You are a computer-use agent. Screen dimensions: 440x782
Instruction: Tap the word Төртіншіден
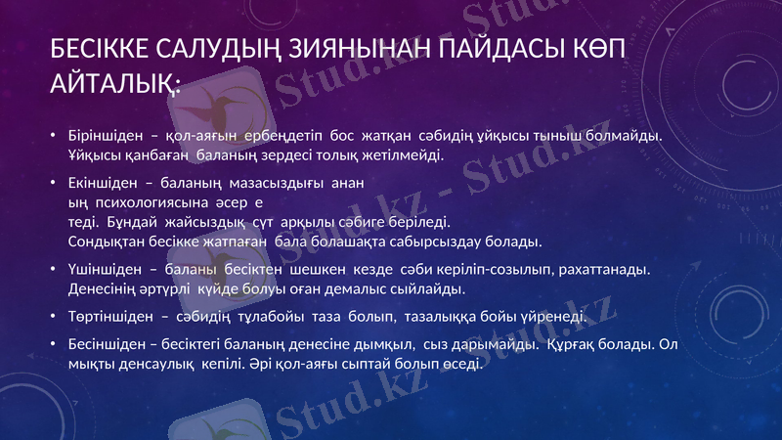tap(107, 316)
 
